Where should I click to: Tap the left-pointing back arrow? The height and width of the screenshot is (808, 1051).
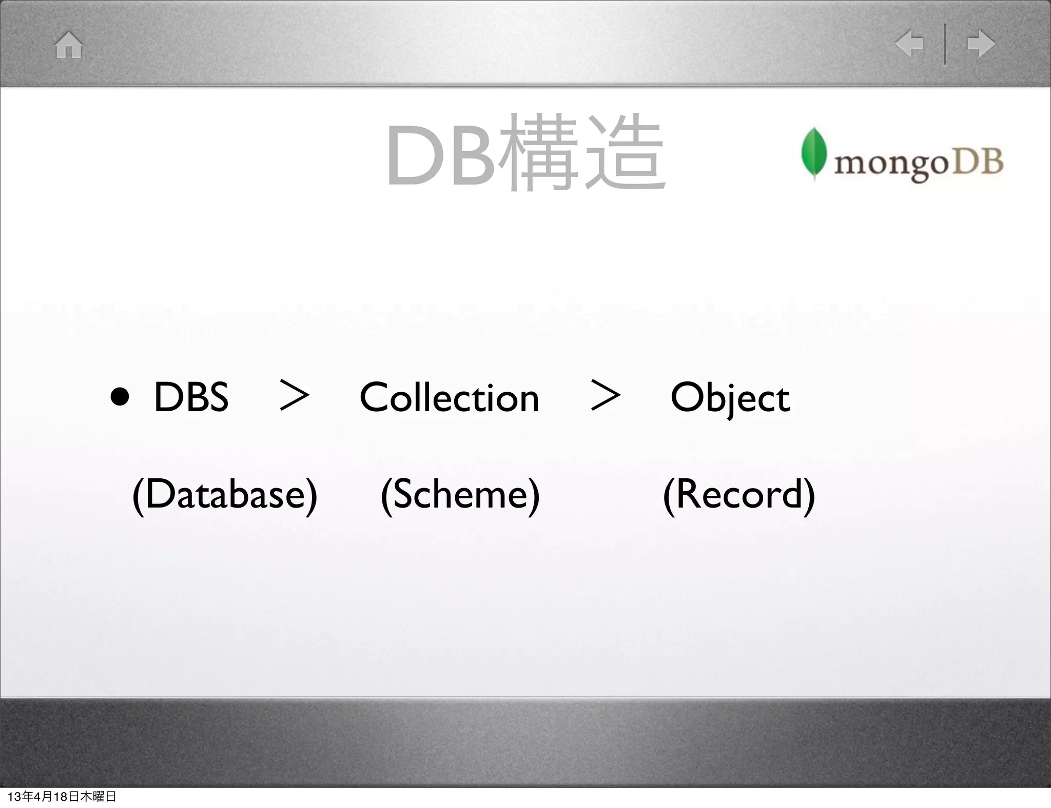pyautogui.click(x=909, y=44)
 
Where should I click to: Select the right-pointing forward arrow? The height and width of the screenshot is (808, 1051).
pyautogui.click(x=981, y=44)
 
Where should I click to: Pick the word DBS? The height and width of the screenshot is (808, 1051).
pyautogui.click(x=191, y=397)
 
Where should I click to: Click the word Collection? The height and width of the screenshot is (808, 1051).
pyautogui.click(x=449, y=397)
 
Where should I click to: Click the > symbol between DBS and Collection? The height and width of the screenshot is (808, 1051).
pyautogui.click(x=295, y=396)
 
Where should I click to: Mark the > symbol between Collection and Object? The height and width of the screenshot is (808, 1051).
pyautogui.click(x=606, y=395)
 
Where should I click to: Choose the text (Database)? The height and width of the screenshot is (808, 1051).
pyautogui.click(x=225, y=494)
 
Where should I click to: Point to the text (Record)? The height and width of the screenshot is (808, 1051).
pyautogui.click(x=739, y=494)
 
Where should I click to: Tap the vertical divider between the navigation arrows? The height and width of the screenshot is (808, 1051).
pyautogui.click(x=945, y=44)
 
